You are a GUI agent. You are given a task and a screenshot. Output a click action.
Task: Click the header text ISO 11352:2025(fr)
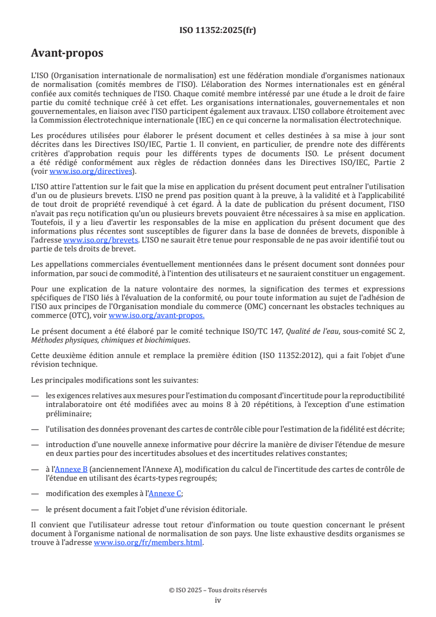(x=218, y=31)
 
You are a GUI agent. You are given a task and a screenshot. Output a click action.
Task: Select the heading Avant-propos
(x=67, y=53)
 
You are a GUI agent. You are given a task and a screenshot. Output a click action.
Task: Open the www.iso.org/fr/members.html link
(x=148, y=543)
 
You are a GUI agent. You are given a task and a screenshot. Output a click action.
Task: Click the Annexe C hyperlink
(x=165, y=493)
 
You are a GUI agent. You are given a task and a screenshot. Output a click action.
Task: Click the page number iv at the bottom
(x=218, y=600)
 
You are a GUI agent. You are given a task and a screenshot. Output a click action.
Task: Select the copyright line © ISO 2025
(x=218, y=590)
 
